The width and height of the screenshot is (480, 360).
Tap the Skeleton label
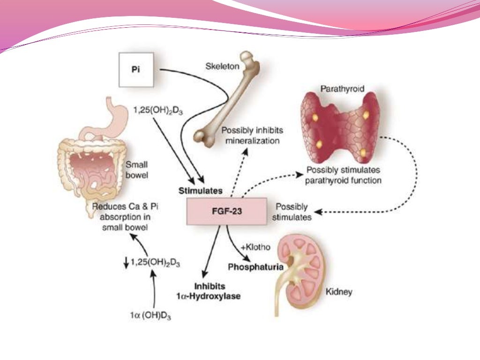[x=222, y=66]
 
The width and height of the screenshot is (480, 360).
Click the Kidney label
[x=338, y=292]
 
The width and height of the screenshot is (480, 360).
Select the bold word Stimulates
[x=200, y=191]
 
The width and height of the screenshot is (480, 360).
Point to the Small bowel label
[x=136, y=169]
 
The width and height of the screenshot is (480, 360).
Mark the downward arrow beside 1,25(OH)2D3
[x=126, y=264]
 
